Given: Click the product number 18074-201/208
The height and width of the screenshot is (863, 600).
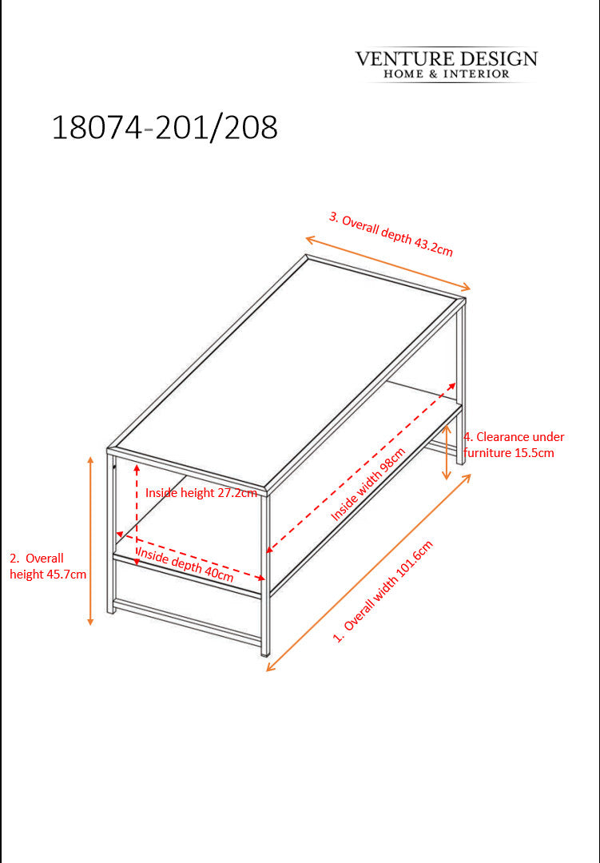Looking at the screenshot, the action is (165, 128).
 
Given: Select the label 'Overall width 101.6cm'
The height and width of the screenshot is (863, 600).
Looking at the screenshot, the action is (383, 591).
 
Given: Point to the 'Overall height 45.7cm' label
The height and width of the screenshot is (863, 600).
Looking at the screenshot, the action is (48, 567).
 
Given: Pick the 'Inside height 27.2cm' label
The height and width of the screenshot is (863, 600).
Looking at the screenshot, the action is (201, 492).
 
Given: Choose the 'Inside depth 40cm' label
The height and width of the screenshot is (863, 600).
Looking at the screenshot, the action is (185, 564).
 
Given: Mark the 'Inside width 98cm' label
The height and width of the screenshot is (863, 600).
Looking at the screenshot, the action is (368, 483).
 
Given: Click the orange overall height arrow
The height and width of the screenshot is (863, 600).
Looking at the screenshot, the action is (91, 540).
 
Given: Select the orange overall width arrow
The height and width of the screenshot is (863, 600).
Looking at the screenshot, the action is (369, 572).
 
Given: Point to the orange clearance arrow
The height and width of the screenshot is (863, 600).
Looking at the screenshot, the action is (447, 451).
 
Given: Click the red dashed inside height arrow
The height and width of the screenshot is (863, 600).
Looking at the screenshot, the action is (137, 514).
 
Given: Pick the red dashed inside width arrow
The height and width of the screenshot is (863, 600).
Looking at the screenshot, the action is (361, 467).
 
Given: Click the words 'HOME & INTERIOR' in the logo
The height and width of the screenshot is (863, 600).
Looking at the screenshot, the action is (447, 74).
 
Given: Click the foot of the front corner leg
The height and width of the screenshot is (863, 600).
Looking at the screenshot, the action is (265, 652).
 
